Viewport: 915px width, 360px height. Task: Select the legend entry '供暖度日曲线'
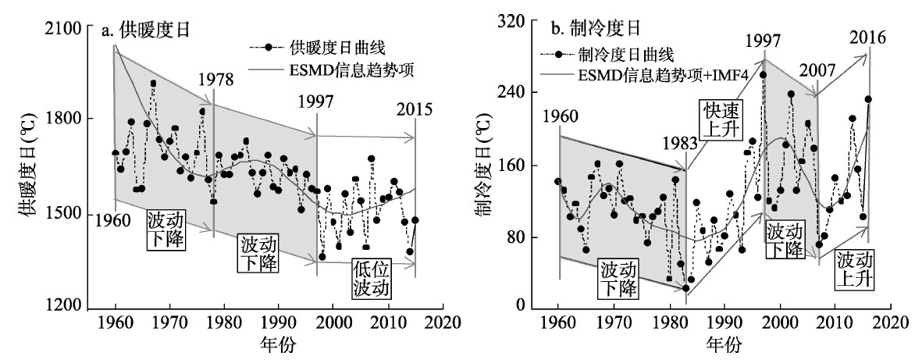(328, 48)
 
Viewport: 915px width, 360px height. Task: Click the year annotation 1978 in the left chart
(215, 80)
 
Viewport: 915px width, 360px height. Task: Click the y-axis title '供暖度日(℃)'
(20, 167)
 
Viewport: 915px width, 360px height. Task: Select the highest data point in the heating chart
(153, 83)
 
